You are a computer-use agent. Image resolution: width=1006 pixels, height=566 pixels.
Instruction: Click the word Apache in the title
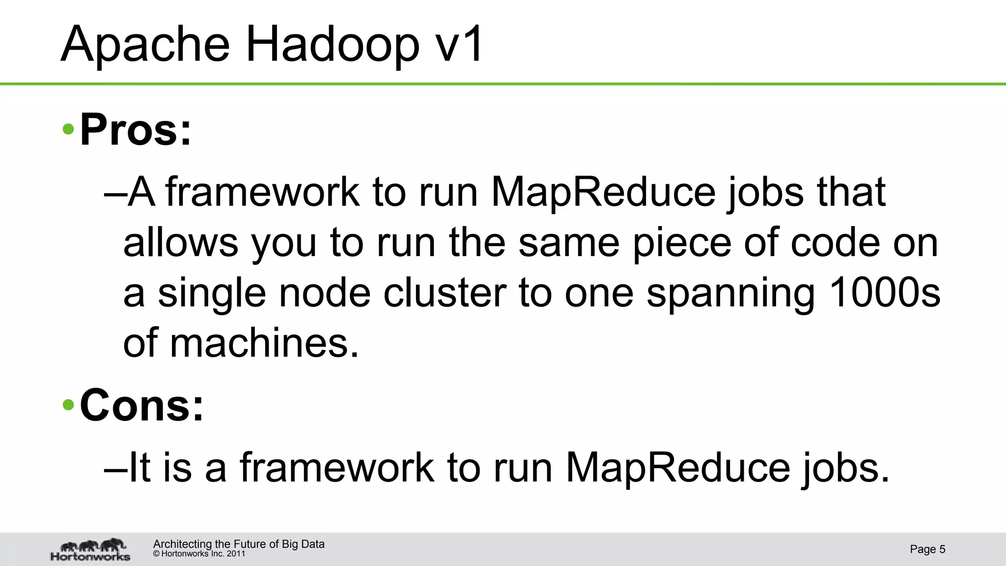tap(145, 45)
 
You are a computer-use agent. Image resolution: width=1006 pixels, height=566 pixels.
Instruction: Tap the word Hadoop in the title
tap(332, 45)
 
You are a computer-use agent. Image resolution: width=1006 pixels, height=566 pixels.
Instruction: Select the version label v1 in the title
tap(460, 45)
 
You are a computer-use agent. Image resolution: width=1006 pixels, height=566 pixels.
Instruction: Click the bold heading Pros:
tap(136, 130)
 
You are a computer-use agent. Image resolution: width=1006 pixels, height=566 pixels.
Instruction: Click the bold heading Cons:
tap(141, 406)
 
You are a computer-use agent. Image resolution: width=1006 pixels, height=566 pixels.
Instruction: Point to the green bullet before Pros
tap(69, 130)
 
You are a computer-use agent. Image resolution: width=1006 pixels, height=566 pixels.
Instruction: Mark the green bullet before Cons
tap(69, 406)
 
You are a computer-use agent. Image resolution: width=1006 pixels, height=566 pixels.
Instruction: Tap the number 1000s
tap(884, 293)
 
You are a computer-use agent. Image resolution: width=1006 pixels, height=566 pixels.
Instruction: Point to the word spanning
tap(730, 293)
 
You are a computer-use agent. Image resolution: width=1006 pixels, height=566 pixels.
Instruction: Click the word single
tap(212, 293)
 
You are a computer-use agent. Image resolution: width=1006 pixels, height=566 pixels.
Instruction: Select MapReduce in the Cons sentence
tap(678, 468)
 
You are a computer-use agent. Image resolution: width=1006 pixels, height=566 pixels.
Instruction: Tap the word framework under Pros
tap(262, 192)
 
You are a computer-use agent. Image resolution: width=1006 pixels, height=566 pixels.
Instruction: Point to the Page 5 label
tap(927, 549)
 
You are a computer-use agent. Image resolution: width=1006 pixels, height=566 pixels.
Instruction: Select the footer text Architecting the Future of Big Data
tap(239, 544)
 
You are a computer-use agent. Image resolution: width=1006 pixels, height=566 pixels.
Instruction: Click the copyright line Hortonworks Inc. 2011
tap(199, 554)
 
